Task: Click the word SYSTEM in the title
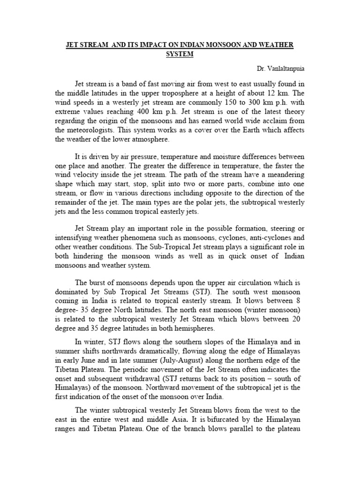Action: click(x=180, y=54)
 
